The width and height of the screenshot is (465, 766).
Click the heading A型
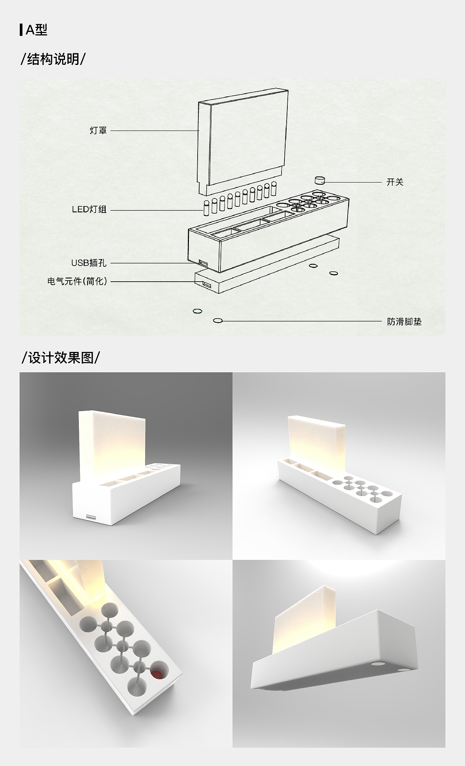[x=36, y=30]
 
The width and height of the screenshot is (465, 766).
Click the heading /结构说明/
[x=53, y=59]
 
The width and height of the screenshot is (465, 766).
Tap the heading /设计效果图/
[x=61, y=357]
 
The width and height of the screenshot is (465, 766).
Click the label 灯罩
[x=98, y=131]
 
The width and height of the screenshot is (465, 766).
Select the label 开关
[x=395, y=182]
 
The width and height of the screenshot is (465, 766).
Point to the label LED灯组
[x=89, y=210]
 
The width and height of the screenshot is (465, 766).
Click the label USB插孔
[x=89, y=263]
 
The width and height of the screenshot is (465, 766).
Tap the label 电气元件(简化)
[x=78, y=281]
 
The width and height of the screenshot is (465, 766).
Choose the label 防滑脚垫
[x=404, y=321]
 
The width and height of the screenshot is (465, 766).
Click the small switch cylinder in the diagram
[x=320, y=180]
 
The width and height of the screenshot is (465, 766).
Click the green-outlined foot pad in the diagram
[x=197, y=311]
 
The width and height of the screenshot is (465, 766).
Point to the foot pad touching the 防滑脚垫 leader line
[x=218, y=320]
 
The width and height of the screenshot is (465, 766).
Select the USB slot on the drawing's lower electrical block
[x=206, y=285]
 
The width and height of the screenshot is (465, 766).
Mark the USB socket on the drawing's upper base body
[x=202, y=262]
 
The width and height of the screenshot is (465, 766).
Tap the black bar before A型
[x=21, y=30]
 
